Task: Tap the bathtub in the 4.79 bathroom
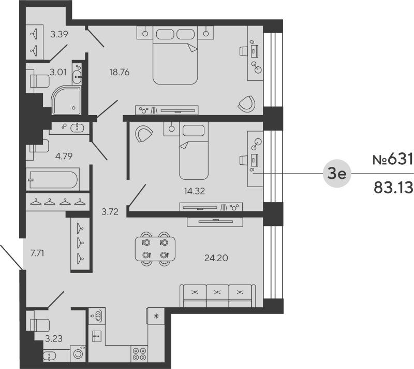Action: (x=52, y=180)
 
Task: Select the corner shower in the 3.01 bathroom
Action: (x=67, y=100)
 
